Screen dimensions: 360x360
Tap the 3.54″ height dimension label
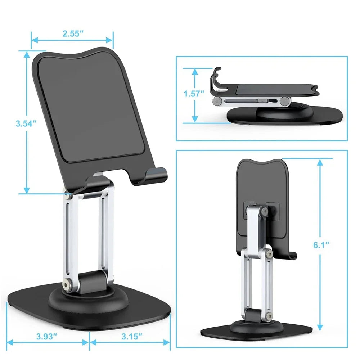(x=26, y=124)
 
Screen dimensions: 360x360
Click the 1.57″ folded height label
(x=194, y=94)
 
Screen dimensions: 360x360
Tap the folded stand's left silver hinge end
(x=217, y=101)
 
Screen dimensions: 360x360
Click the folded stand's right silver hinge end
(x=285, y=101)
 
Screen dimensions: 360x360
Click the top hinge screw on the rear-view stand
(x=265, y=212)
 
